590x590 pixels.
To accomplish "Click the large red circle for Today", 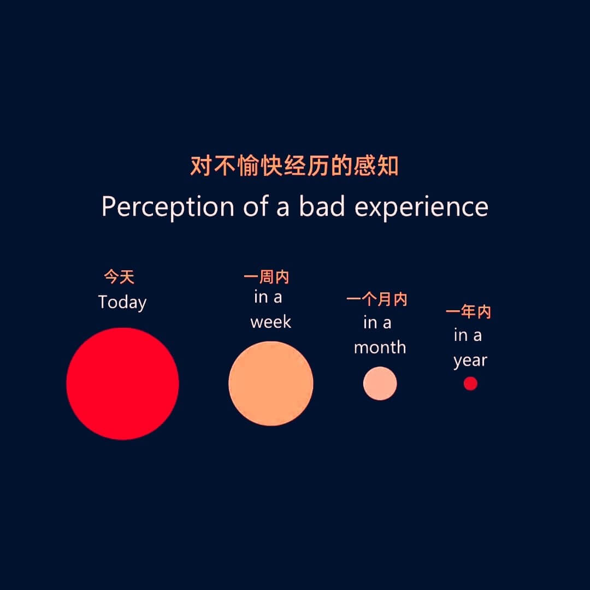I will [x=122, y=383].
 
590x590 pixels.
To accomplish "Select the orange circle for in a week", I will [x=271, y=383].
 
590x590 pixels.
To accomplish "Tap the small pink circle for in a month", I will [x=380, y=383].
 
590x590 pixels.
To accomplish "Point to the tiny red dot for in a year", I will [x=470, y=383].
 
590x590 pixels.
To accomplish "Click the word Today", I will [x=122, y=303].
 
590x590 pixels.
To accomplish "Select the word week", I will [x=271, y=322].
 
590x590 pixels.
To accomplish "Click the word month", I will [x=380, y=347].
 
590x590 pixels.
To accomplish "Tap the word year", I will [x=470, y=361].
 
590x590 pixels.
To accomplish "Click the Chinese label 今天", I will [x=119, y=278].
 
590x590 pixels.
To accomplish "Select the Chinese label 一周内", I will [x=267, y=278].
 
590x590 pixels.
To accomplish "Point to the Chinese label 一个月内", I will [x=377, y=299].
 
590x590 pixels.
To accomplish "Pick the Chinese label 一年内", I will [x=468, y=312].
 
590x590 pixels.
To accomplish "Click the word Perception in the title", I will [x=168, y=207].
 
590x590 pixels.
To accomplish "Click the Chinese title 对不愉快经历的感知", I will [x=294, y=166].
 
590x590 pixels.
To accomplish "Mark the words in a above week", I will [x=268, y=297].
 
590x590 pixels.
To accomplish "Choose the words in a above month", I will [x=377, y=323].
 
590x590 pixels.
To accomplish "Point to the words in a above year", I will [x=468, y=335].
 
